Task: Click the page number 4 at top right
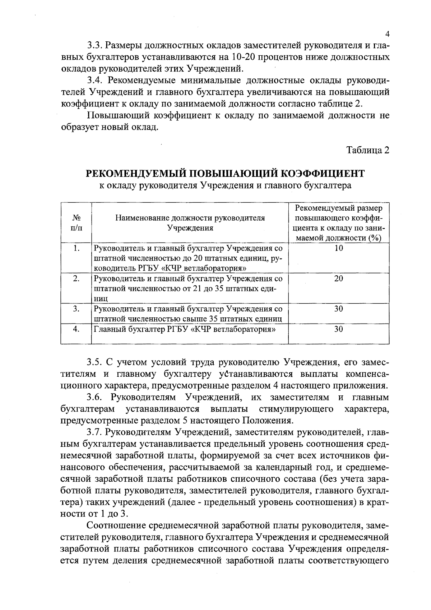tap(387, 34)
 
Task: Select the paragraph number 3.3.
tap(95, 46)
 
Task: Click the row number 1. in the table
tap(76, 248)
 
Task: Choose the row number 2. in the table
tap(76, 279)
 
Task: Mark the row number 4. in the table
tap(76, 329)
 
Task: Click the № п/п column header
tap(76, 223)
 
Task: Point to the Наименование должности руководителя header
tap(190, 218)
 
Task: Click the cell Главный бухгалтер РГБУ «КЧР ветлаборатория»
tap(185, 329)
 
